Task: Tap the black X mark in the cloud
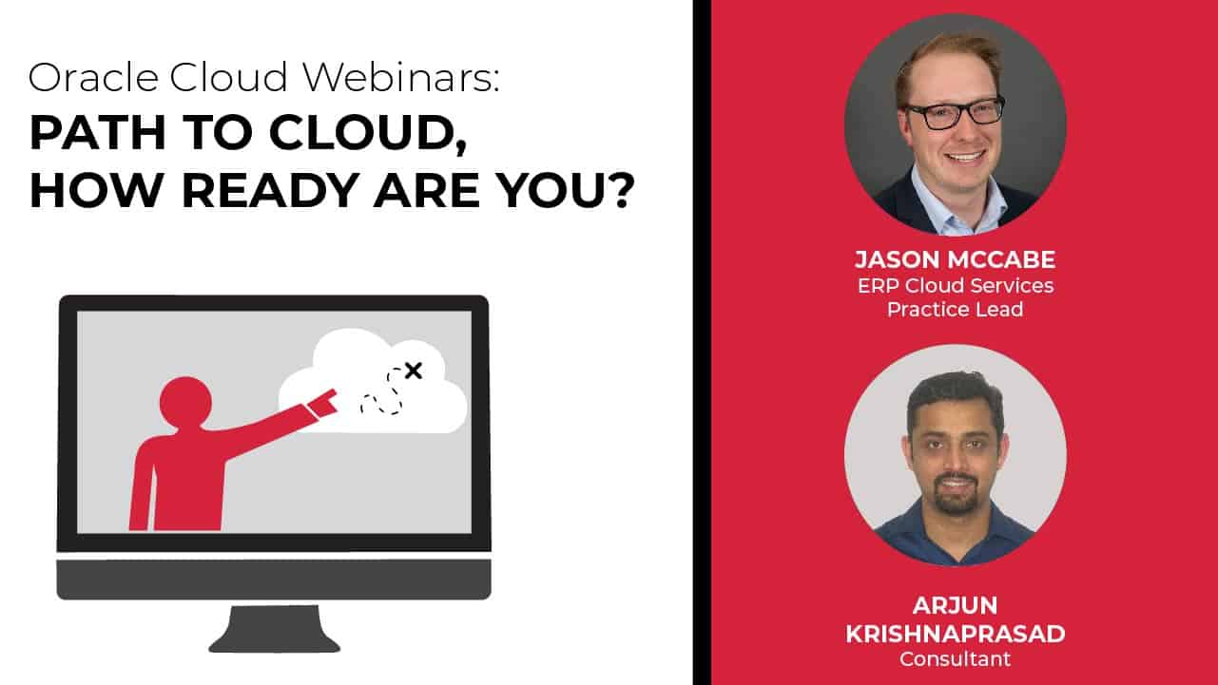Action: point(413,371)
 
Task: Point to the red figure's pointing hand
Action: point(325,402)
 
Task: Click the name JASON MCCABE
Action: point(955,260)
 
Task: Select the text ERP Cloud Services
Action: point(955,285)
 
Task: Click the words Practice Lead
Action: point(955,310)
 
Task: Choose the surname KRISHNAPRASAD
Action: point(955,634)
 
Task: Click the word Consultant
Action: point(955,658)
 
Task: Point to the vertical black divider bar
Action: point(702,342)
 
